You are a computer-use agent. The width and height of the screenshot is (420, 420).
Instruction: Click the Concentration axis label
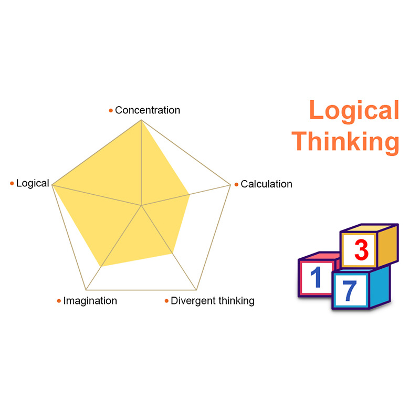click(148, 110)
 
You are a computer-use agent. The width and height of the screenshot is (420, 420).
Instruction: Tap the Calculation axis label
click(266, 184)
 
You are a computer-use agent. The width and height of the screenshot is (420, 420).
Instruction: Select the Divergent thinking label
click(213, 301)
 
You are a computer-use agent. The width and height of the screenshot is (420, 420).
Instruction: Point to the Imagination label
click(90, 301)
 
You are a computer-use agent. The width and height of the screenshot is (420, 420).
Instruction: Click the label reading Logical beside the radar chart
click(33, 183)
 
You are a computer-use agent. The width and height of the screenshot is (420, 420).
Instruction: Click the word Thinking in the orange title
click(346, 141)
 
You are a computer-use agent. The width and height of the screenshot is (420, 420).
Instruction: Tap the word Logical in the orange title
click(354, 111)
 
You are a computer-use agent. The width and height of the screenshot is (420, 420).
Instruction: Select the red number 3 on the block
click(361, 250)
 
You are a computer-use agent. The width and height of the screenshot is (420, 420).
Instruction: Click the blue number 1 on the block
click(315, 278)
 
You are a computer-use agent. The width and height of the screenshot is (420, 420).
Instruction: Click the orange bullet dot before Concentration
click(111, 111)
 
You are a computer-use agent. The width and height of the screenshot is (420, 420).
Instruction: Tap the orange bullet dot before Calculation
click(236, 184)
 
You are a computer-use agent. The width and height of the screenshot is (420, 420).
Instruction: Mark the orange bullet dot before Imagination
click(59, 301)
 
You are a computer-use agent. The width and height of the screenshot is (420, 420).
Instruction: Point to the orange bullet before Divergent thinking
click(167, 301)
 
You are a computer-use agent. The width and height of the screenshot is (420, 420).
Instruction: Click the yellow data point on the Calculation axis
click(190, 195)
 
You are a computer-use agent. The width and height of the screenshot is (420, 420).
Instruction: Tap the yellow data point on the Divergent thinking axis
click(172, 253)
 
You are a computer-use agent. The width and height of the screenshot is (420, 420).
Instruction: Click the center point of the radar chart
click(142, 205)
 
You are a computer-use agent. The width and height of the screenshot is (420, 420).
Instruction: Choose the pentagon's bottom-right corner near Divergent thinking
click(196, 290)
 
